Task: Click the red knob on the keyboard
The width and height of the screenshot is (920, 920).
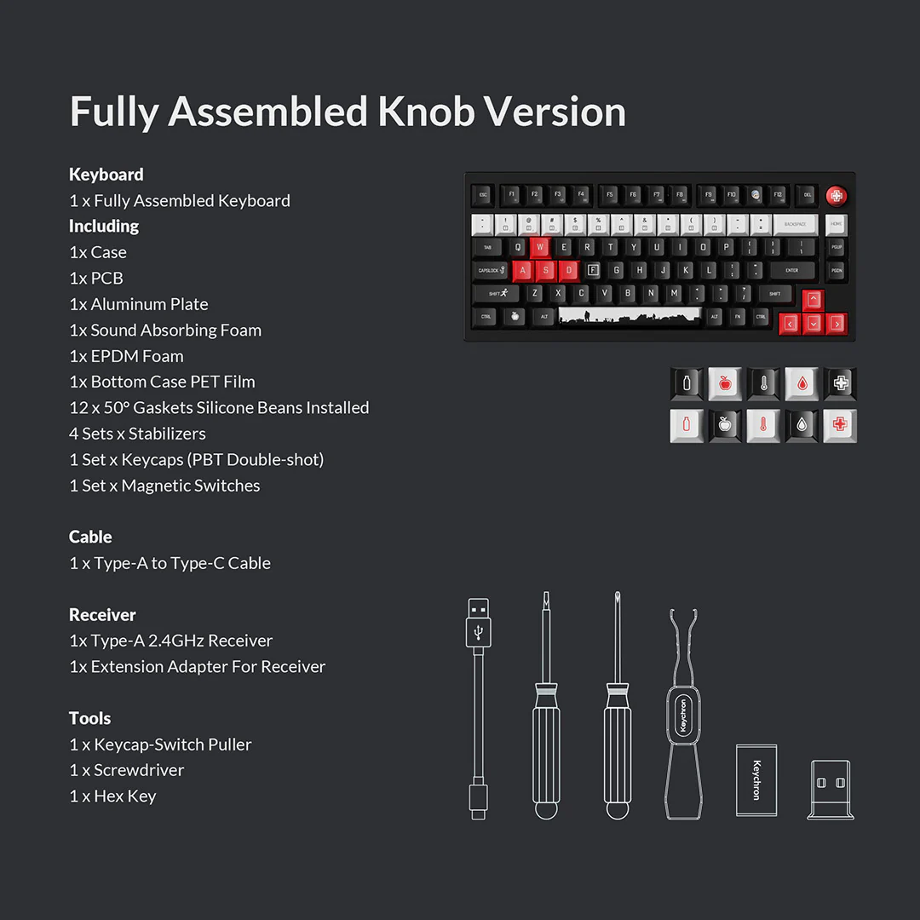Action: (x=837, y=195)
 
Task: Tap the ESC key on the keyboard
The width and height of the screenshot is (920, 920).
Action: (x=483, y=195)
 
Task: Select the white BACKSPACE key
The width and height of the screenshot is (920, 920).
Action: (x=795, y=225)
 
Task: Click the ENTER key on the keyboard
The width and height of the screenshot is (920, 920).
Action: (x=792, y=271)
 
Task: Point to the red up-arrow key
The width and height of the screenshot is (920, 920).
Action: (x=813, y=300)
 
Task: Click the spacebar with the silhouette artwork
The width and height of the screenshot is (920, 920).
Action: (x=629, y=316)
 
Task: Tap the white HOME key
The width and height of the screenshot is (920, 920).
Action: (x=837, y=225)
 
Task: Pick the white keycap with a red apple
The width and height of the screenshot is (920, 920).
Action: (x=725, y=383)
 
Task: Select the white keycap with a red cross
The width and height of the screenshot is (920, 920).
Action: (x=840, y=425)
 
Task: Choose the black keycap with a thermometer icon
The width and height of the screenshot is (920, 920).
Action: (x=763, y=383)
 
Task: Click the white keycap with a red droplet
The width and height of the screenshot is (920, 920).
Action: (x=802, y=383)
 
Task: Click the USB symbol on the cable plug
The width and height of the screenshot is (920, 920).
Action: (x=479, y=631)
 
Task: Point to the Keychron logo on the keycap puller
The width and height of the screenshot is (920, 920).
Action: (x=683, y=716)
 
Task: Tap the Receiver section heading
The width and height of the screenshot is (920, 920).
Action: (x=102, y=614)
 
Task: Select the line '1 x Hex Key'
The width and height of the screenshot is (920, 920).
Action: (x=112, y=796)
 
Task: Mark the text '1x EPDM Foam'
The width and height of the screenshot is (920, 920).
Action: (x=126, y=356)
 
